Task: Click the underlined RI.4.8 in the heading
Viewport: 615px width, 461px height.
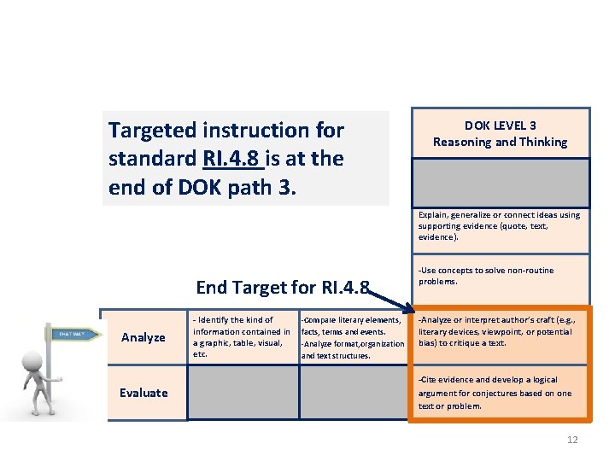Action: (233, 158)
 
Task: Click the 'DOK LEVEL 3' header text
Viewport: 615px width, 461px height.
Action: (500, 125)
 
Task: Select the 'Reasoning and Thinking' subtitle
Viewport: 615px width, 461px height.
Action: (500, 143)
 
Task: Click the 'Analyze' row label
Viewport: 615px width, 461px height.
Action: (143, 337)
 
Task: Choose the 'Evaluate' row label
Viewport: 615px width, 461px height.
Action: (143, 393)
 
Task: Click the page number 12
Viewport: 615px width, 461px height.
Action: (571, 440)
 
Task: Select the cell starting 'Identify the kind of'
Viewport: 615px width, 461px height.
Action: (242, 336)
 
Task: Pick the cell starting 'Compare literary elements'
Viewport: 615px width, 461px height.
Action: (353, 337)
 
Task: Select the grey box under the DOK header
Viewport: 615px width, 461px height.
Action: (500, 181)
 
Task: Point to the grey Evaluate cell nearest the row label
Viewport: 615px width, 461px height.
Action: (242, 393)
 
